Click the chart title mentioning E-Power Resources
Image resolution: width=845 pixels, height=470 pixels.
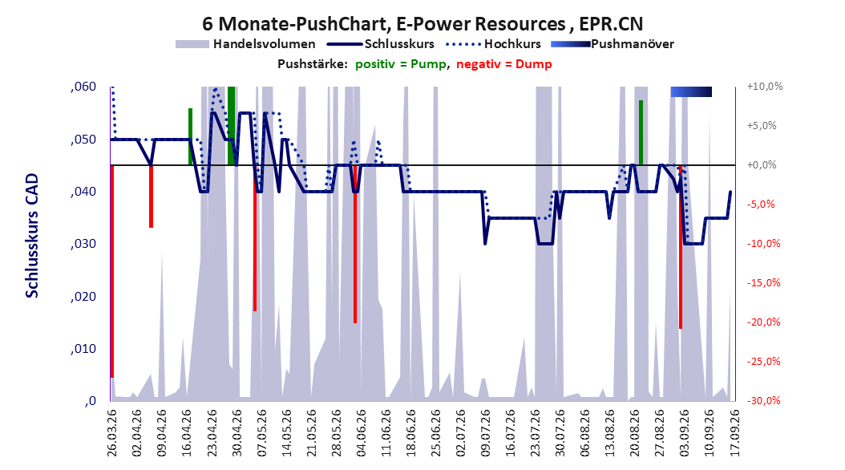point(422,24)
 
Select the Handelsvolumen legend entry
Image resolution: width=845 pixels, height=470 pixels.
point(246,44)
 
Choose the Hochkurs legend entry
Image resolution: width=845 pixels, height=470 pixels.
point(494,44)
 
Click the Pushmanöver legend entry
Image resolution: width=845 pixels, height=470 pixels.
point(613,44)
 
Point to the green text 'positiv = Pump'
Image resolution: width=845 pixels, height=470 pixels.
point(400,64)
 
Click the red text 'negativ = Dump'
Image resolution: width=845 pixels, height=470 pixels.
point(504,64)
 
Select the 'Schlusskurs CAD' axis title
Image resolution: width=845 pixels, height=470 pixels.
point(32,235)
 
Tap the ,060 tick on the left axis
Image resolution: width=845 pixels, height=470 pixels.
point(83,87)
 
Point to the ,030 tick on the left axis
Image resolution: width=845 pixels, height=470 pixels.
point(83,244)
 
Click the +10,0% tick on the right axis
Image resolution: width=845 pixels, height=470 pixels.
point(765,87)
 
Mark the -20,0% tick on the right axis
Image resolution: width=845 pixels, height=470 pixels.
point(763,322)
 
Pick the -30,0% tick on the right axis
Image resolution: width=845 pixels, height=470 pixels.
point(763,401)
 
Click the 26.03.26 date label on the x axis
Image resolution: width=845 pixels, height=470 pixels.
point(112,432)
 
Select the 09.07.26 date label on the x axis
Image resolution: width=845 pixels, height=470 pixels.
point(485,432)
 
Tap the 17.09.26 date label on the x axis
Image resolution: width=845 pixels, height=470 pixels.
point(734,432)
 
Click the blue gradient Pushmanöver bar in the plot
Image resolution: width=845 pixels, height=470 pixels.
point(691,91)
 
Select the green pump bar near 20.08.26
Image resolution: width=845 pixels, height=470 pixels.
point(641,132)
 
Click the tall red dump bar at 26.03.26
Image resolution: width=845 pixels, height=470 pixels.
point(112,271)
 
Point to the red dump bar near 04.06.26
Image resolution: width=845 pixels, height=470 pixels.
point(355,244)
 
